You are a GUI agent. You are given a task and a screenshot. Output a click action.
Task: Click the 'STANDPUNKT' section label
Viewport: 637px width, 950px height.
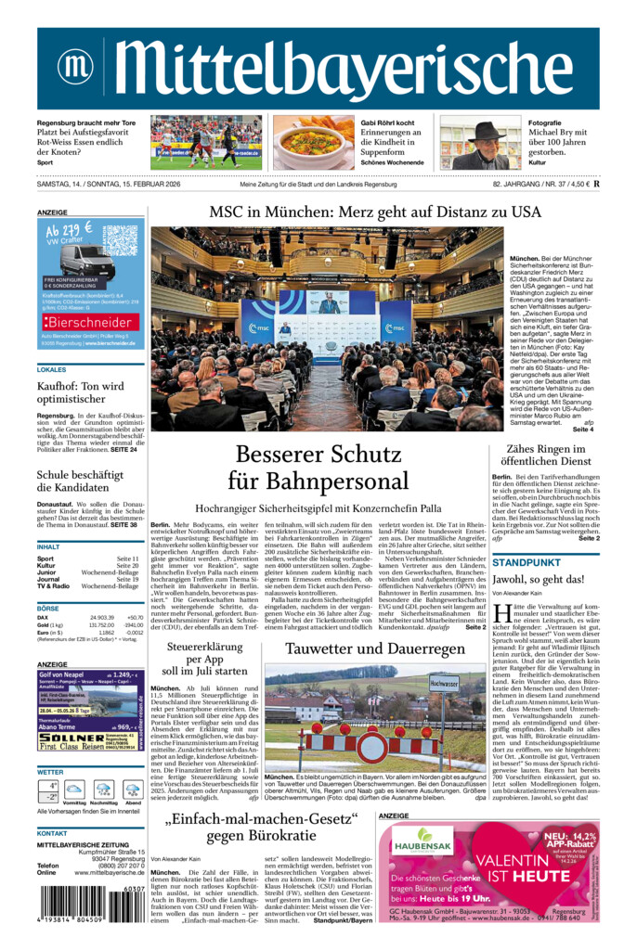tap(526, 562)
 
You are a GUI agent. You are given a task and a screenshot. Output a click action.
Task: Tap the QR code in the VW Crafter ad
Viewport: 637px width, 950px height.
tap(120, 242)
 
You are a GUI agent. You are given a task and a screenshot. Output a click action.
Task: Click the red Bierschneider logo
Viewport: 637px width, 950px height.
tap(89, 322)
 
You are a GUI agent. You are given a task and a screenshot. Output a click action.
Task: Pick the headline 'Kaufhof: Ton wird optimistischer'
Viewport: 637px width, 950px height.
tap(80, 393)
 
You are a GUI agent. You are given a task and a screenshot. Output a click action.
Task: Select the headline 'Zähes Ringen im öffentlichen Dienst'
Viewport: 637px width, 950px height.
tap(545, 455)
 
